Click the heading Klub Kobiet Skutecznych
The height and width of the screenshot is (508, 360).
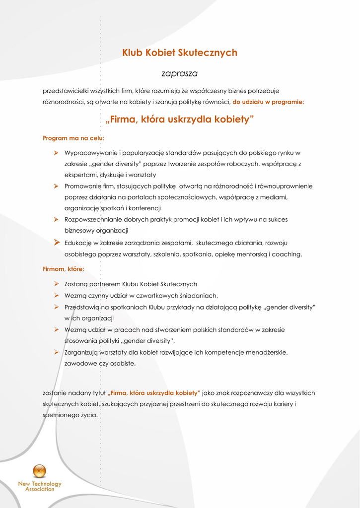pos(180,53)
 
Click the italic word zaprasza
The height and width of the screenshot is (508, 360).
pos(180,73)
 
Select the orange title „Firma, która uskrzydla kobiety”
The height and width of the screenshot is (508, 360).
pos(180,119)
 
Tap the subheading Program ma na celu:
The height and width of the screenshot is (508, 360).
pos(73,137)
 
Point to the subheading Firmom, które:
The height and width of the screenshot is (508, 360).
pos(64,269)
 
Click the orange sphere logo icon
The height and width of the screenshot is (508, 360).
pos(39,471)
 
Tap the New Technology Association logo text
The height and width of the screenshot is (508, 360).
pos(40,486)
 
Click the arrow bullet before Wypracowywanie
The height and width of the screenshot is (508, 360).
pos(57,153)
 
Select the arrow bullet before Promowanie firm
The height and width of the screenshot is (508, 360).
pos(57,186)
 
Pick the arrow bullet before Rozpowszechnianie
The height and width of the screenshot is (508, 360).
pos(57,219)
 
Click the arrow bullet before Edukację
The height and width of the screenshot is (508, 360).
pos(57,242)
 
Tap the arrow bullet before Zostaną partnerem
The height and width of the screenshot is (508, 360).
pos(57,284)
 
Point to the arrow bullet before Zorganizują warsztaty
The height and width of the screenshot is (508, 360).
pos(57,352)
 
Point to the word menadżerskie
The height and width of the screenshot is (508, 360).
pos(265,352)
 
